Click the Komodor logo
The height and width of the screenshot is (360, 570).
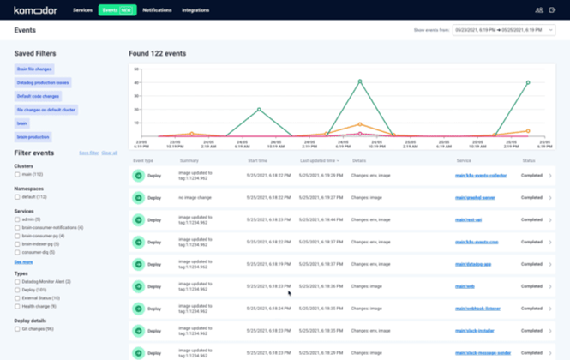pos(35,10)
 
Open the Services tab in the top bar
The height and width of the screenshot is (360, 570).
pos(83,10)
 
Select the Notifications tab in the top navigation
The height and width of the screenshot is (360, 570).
pos(157,10)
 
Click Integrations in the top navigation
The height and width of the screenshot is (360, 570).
pos(195,10)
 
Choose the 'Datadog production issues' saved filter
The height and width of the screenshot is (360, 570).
pos(43,82)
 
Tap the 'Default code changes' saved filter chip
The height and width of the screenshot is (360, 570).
pos(38,96)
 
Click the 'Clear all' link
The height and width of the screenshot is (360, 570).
pos(110,153)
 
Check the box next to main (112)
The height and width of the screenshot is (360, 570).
pos(17,174)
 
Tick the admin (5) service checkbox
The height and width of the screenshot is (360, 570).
pos(17,219)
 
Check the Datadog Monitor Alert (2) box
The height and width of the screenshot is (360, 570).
pos(17,281)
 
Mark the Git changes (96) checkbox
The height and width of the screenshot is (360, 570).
pos(17,328)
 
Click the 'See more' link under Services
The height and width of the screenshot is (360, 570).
pos(23,261)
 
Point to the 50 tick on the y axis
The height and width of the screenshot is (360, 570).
pos(136,70)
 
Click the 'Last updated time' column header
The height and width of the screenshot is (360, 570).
pos(318,160)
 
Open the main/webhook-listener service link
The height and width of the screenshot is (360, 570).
pos(477,306)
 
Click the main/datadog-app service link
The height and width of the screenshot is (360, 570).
pos(473,263)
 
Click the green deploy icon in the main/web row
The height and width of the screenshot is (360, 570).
pos(138,285)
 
